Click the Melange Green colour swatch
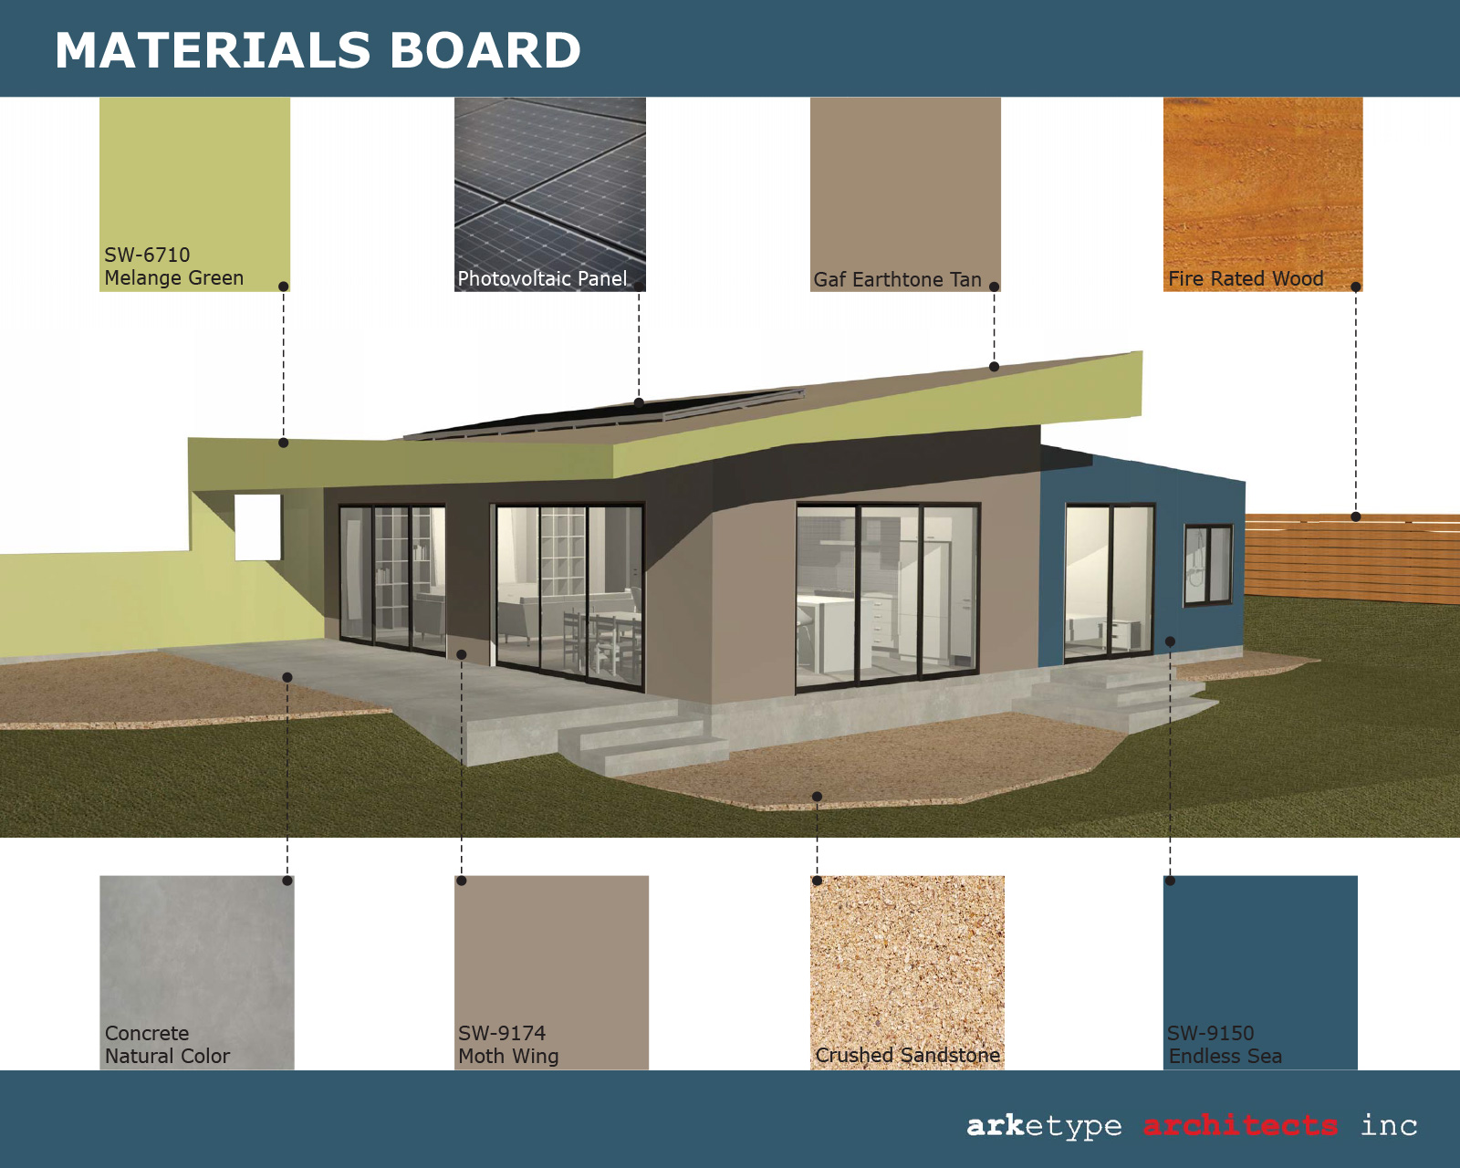click(194, 194)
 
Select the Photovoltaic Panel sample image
click(550, 194)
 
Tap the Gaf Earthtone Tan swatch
click(905, 194)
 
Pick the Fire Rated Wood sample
click(1263, 194)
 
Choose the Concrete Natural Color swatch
click(197, 973)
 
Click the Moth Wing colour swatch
click(551, 973)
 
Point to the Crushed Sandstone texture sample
click(907, 973)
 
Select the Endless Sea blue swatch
click(1260, 973)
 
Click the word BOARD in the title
click(485, 50)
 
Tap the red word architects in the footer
click(1241, 1126)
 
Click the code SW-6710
click(147, 255)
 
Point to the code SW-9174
click(501, 1033)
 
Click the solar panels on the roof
click(604, 413)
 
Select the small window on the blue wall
click(1208, 565)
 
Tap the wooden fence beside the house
click(1352, 558)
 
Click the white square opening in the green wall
click(258, 527)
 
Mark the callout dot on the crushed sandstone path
click(817, 796)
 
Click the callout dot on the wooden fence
click(1356, 516)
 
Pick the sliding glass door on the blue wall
click(1110, 582)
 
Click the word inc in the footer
click(1389, 1126)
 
